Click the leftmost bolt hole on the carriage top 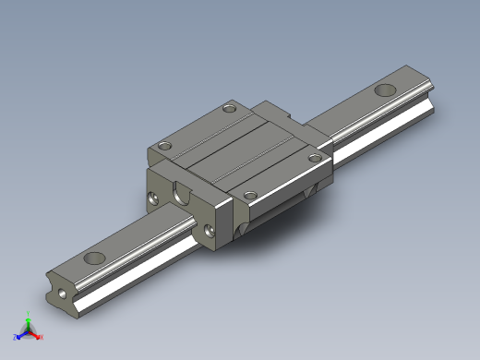[x=164, y=145]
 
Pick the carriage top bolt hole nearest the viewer [x=248, y=194]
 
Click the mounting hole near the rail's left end [x=94, y=258]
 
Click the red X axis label [x=42, y=337]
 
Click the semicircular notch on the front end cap [x=182, y=195]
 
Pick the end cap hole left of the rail [x=152, y=197]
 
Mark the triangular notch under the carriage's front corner [x=243, y=227]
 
